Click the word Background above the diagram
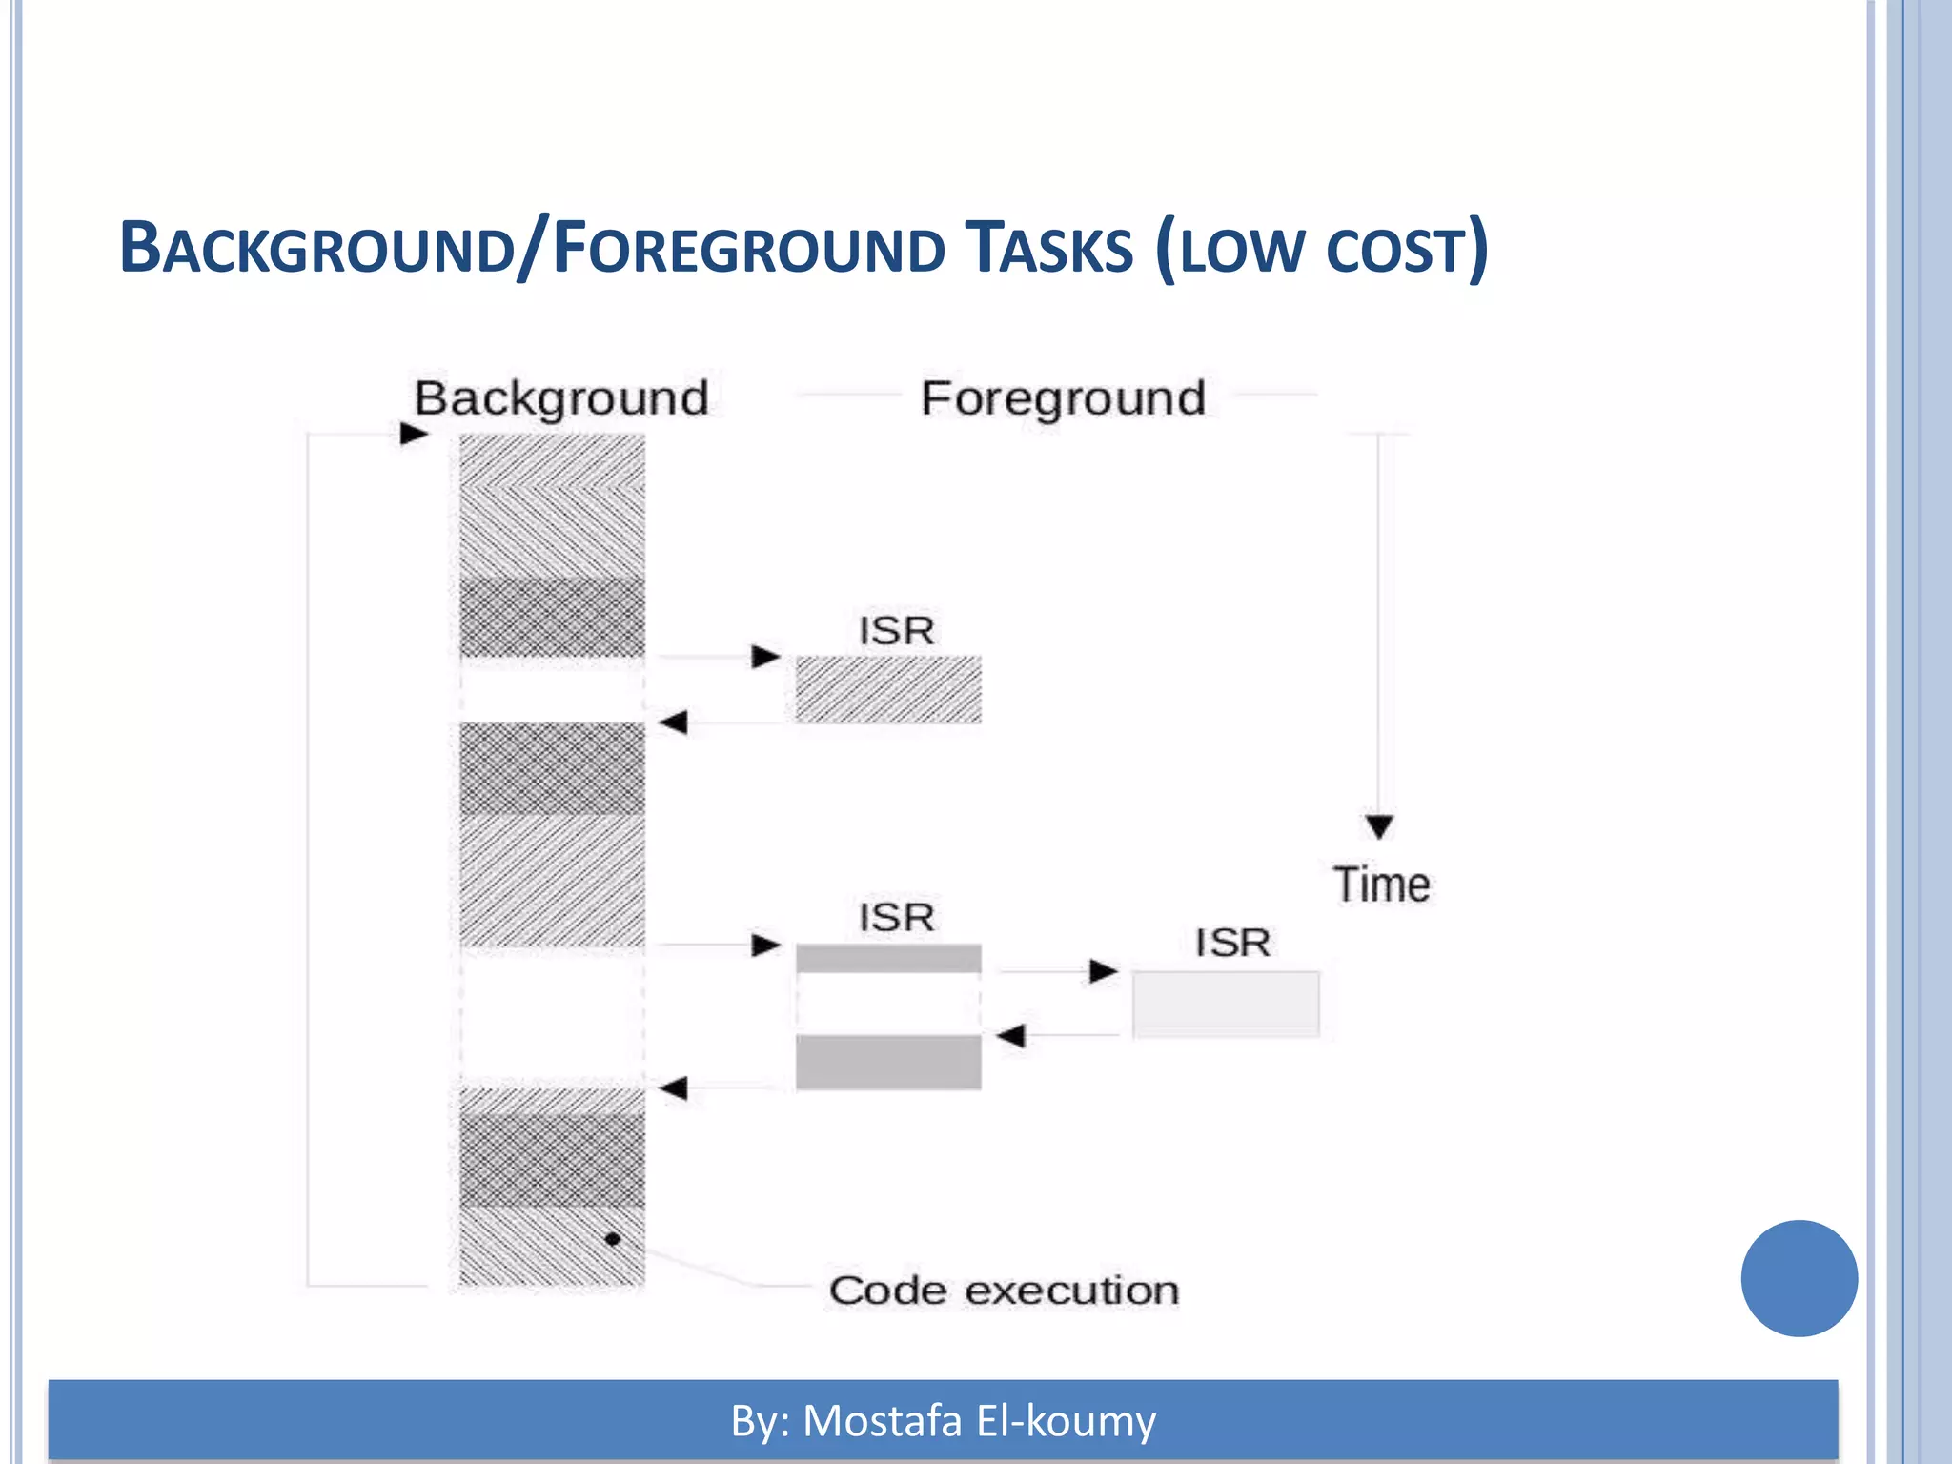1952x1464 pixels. (x=561, y=398)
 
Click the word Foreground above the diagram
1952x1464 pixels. (x=1063, y=398)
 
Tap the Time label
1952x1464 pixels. (x=1381, y=884)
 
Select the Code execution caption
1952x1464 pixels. (x=1004, y=1291)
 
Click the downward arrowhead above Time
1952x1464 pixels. (x=1379, y=825)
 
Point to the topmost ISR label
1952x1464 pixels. (x=896, y=630)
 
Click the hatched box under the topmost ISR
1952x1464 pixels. (x=888, y=689)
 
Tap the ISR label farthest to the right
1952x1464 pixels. (x=1232, y=943)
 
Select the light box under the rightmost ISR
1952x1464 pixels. (x=1226, y=1004)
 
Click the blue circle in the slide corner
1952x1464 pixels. (x=1799, y=1278)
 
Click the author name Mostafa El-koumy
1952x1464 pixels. (x=979, y=1420)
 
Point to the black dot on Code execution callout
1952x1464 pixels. (x=613, y=1239)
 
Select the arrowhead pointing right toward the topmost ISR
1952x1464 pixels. (x=766, y=657)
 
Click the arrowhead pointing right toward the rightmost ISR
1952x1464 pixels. (x=1104, y=971)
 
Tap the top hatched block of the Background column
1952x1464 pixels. (x=552, y=505)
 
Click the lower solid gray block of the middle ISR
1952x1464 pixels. (x=888, y=1062)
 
